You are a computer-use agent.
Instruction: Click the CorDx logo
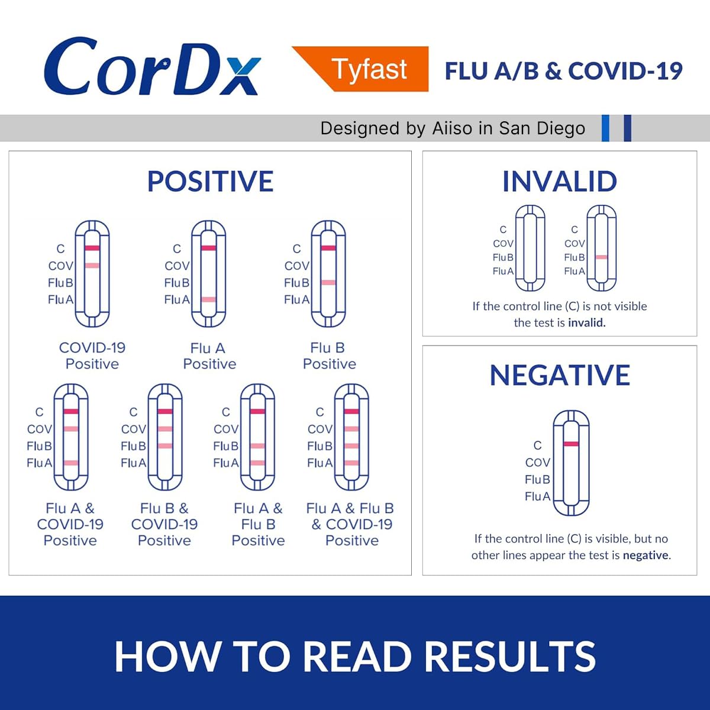click(x=153, y=67)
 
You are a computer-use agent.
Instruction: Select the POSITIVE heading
click(x=210, y=181)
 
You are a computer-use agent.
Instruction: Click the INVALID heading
click(x=559, y=181)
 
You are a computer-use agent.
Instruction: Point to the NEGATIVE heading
click(x=560, y=375)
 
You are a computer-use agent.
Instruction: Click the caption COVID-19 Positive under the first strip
click(x=92, y=356)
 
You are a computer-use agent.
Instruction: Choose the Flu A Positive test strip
click(x=208, y=273)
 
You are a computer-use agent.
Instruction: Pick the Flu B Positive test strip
click(x=328, y=273)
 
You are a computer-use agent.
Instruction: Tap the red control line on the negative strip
click(x=572, y=444)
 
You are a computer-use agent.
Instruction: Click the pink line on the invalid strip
click(x=602, y=257)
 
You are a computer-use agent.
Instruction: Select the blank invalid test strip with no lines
click(x=530, y=248)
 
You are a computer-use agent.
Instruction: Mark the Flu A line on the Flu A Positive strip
click(x=208, y=299)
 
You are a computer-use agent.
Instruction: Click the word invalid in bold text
click(x=586, y=323)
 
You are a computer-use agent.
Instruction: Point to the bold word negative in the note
click(x=646, y=556)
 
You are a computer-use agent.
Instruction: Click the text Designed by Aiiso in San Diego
click(x=453, y=128)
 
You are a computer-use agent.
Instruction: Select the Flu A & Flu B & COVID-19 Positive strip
click(x=351, y=437)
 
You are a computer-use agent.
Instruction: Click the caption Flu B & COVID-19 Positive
click(x=164, y=524)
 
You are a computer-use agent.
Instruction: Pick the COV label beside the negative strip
click(x=537, y=462)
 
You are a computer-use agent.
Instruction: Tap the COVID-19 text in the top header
click(x=625, y=70)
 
